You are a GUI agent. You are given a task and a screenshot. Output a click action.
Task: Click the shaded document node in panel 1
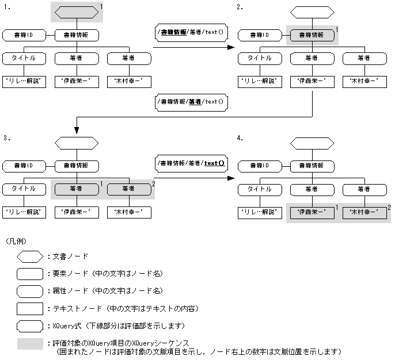pyautogui.click(x=77, y=12)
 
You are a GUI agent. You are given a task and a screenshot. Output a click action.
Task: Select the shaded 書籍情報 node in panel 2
pyautogui.click(x=312, y=35)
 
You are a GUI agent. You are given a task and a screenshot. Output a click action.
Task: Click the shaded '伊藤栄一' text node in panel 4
pyautogui.click(x=312, y=212)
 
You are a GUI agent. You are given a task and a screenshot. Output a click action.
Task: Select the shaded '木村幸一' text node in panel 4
pyautogui.click(x=364, y=212)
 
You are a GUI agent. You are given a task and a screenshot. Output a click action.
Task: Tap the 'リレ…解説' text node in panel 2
pyautogui.click(x=259, y=81)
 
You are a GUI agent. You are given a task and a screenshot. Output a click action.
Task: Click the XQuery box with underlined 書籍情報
pyautogui.click(x=190, y=32)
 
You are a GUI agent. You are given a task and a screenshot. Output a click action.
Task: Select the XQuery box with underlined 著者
pyautogui.click(x=190, y=101)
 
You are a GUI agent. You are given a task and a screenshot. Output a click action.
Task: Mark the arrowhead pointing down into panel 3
pyautogui.click(x=77, y=132)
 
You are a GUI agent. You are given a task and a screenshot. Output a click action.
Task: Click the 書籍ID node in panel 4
pyautogui.click(x=259, y=166)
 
